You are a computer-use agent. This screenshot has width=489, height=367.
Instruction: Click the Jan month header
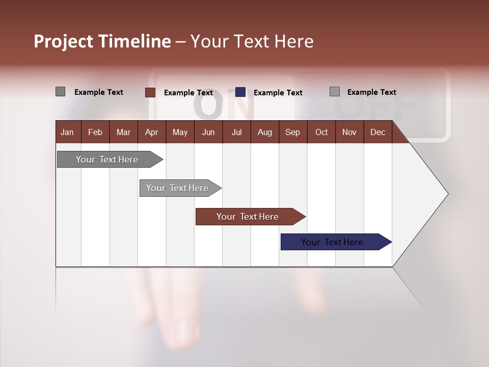coord(67,132)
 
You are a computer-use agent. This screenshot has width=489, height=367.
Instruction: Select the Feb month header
coord(95,132)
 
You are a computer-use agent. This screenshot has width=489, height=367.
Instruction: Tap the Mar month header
coord(123,132)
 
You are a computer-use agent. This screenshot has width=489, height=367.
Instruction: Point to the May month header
coord(180,132)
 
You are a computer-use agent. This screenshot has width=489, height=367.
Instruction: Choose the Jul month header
coord(236,132)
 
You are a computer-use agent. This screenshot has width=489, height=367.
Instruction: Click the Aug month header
coord(264,132)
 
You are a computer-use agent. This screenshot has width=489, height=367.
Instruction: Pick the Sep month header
coord(292,132)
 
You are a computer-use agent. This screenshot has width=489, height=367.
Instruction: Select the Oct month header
coord(321,132)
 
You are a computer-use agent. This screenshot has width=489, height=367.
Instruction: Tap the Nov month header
coord(349,132)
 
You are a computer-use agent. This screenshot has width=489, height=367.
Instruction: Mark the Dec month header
coord(377,132)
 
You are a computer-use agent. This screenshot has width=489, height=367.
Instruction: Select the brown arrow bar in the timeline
coord(248,217)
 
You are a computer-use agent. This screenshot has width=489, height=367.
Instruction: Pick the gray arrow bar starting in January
coord(107,160)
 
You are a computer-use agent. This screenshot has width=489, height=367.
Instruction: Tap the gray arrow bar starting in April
coord(178,188)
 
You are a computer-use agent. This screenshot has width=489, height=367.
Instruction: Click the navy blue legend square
coord(240,92)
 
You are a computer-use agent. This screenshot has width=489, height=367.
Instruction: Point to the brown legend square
coord(150,92)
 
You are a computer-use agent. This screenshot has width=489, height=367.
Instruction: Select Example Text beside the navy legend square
coord(278,93)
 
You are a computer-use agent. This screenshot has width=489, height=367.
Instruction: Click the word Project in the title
coord(64,41)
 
